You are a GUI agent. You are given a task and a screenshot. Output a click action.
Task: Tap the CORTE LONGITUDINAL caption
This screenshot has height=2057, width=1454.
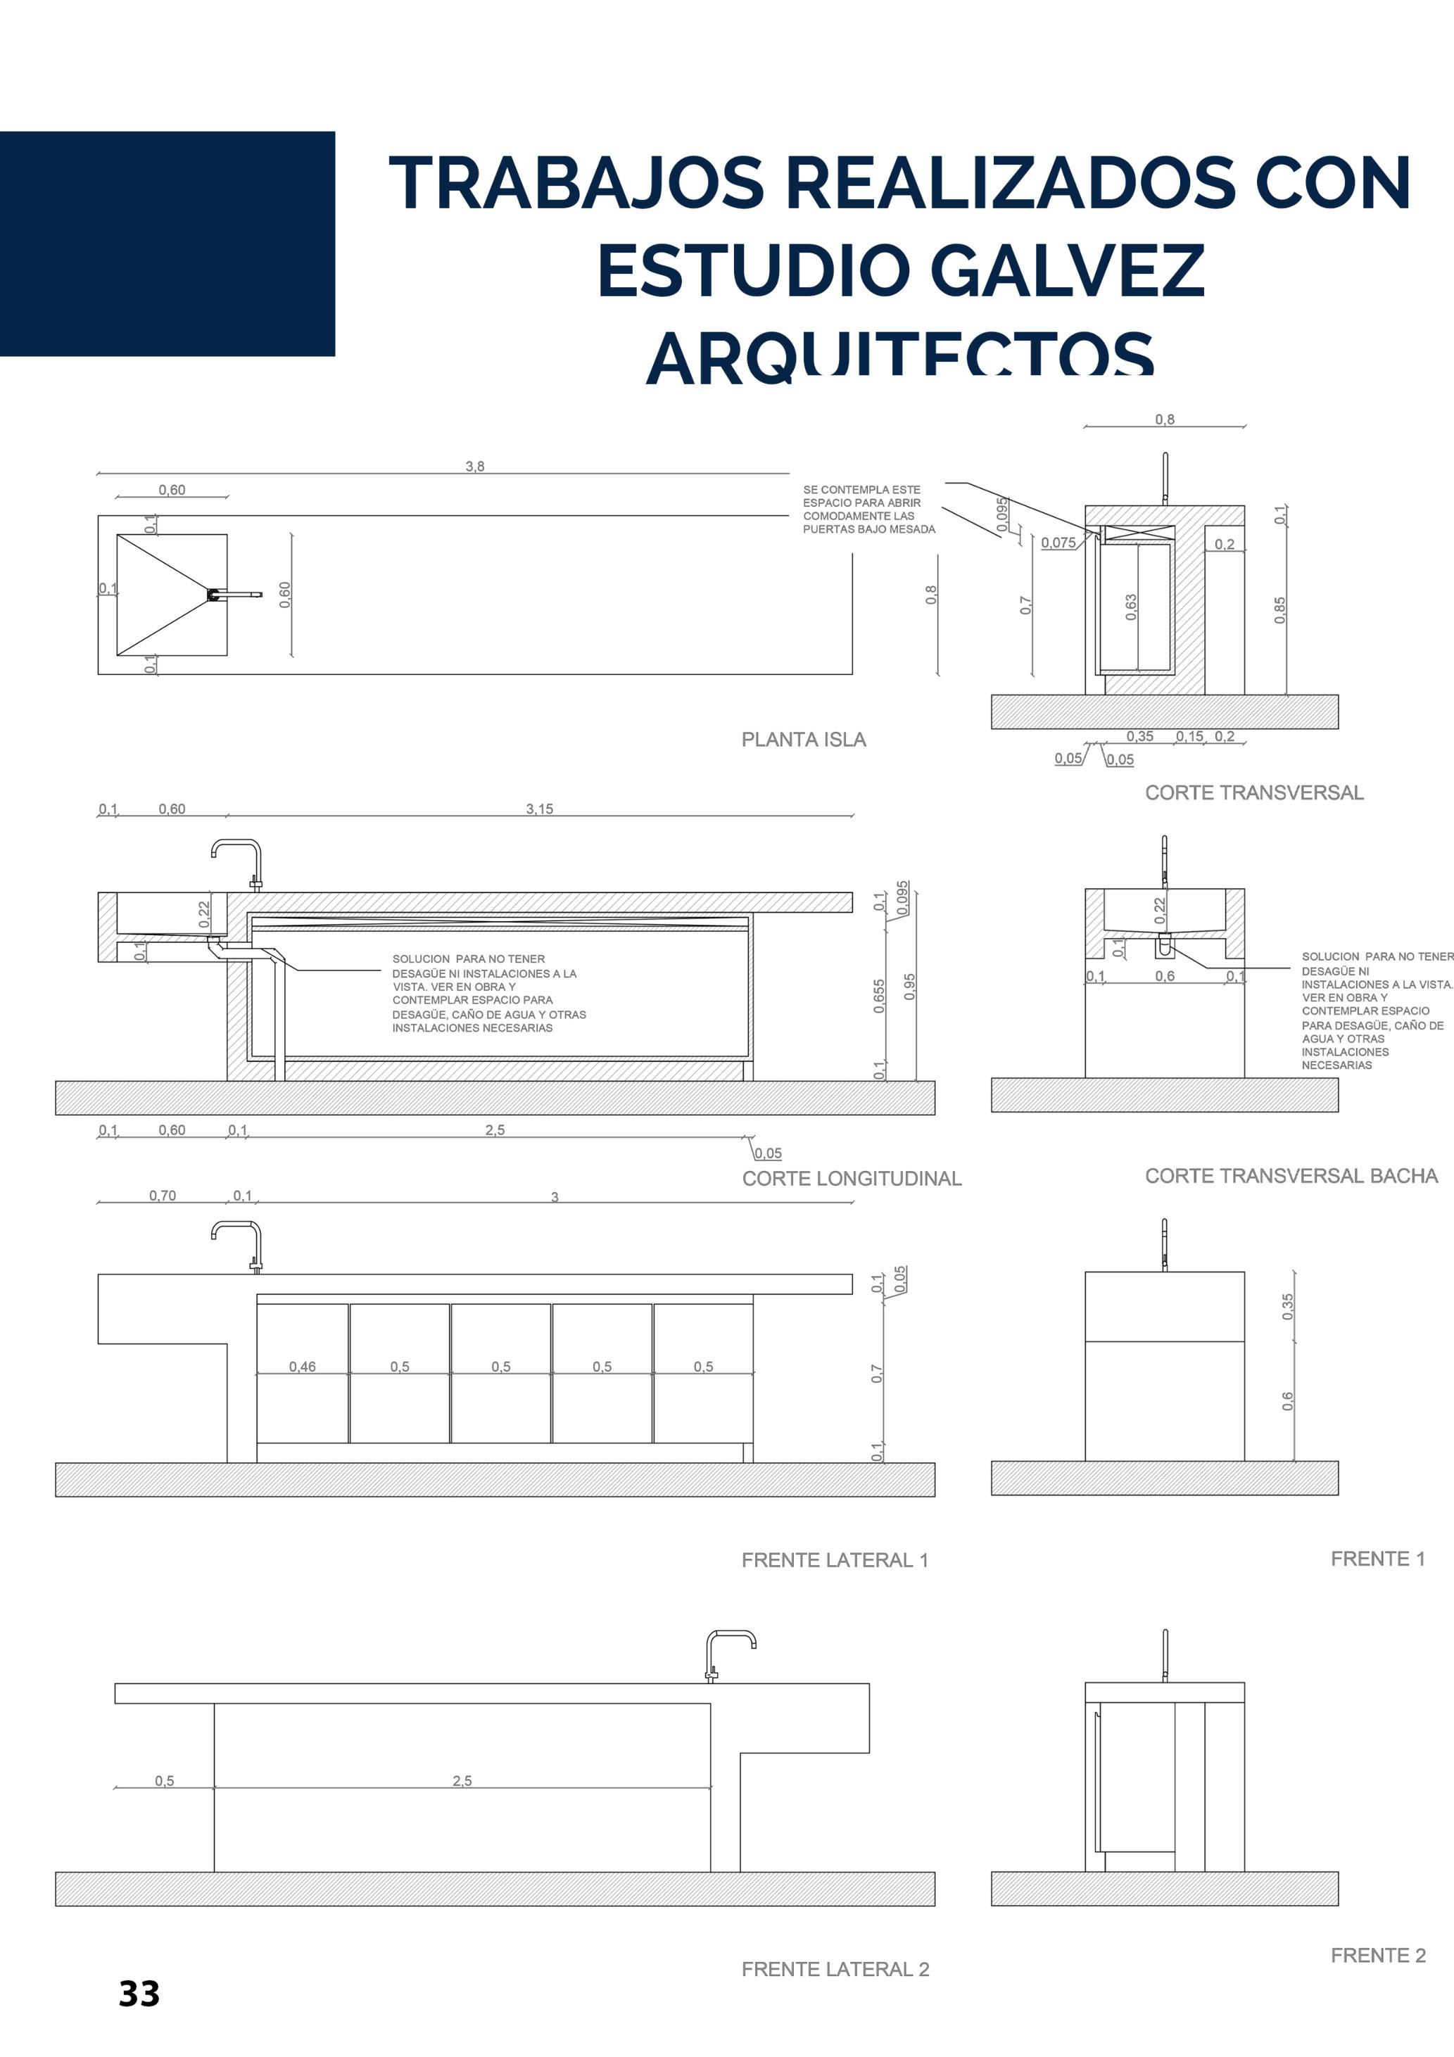point(851,1178)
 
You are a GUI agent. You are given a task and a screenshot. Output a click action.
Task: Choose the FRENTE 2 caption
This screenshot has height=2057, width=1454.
point(1377,1955)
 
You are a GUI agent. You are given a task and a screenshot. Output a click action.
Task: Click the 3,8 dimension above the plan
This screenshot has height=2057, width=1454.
point(475,466)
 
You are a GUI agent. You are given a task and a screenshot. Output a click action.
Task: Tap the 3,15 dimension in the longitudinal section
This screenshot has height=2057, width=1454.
point(539,809)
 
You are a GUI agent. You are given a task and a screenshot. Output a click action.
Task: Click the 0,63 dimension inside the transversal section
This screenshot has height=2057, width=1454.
point(1130,607)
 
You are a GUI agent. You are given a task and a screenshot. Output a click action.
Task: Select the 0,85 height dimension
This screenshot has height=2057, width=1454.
point(1279,610)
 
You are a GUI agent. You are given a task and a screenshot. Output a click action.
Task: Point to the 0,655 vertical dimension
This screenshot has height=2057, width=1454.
point(879,996)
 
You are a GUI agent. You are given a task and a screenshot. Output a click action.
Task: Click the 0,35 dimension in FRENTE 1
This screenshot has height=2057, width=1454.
point(1287,1306)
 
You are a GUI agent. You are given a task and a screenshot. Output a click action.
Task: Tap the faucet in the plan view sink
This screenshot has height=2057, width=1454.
point(235,594)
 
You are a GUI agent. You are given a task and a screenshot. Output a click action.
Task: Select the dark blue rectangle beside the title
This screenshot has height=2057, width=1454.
point(167,243)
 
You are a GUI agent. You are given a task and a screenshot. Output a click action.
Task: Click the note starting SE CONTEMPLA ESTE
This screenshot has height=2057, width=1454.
point(868,509)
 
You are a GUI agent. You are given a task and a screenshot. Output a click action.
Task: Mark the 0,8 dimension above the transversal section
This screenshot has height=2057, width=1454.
point(1164,419)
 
